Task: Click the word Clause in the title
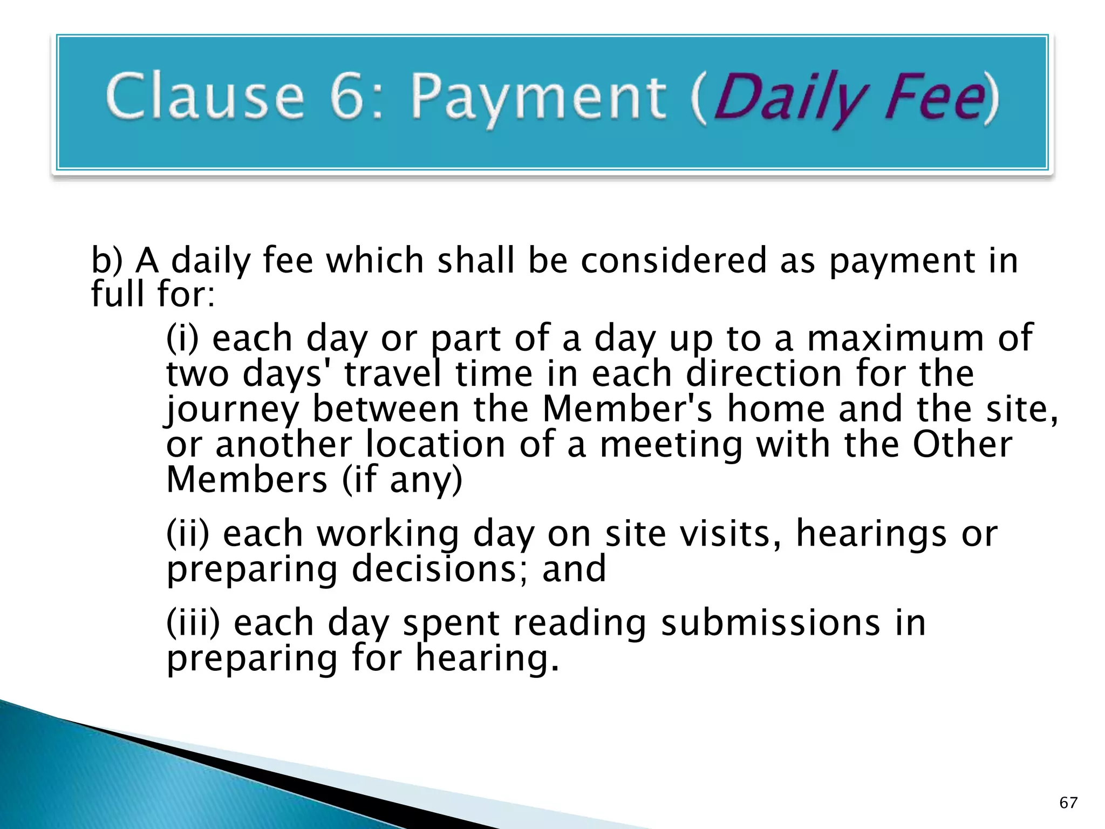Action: [206, 97]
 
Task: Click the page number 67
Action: [1068, 803]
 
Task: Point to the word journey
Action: [232, 410]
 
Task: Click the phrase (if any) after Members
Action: [402, 480]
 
